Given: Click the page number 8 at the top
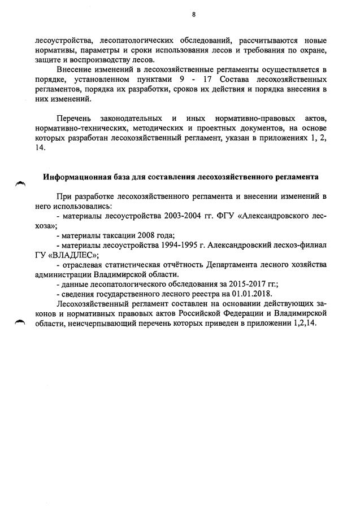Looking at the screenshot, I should click(x=193, y=15).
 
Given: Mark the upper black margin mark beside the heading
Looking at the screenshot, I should click(x=21, y=183).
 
